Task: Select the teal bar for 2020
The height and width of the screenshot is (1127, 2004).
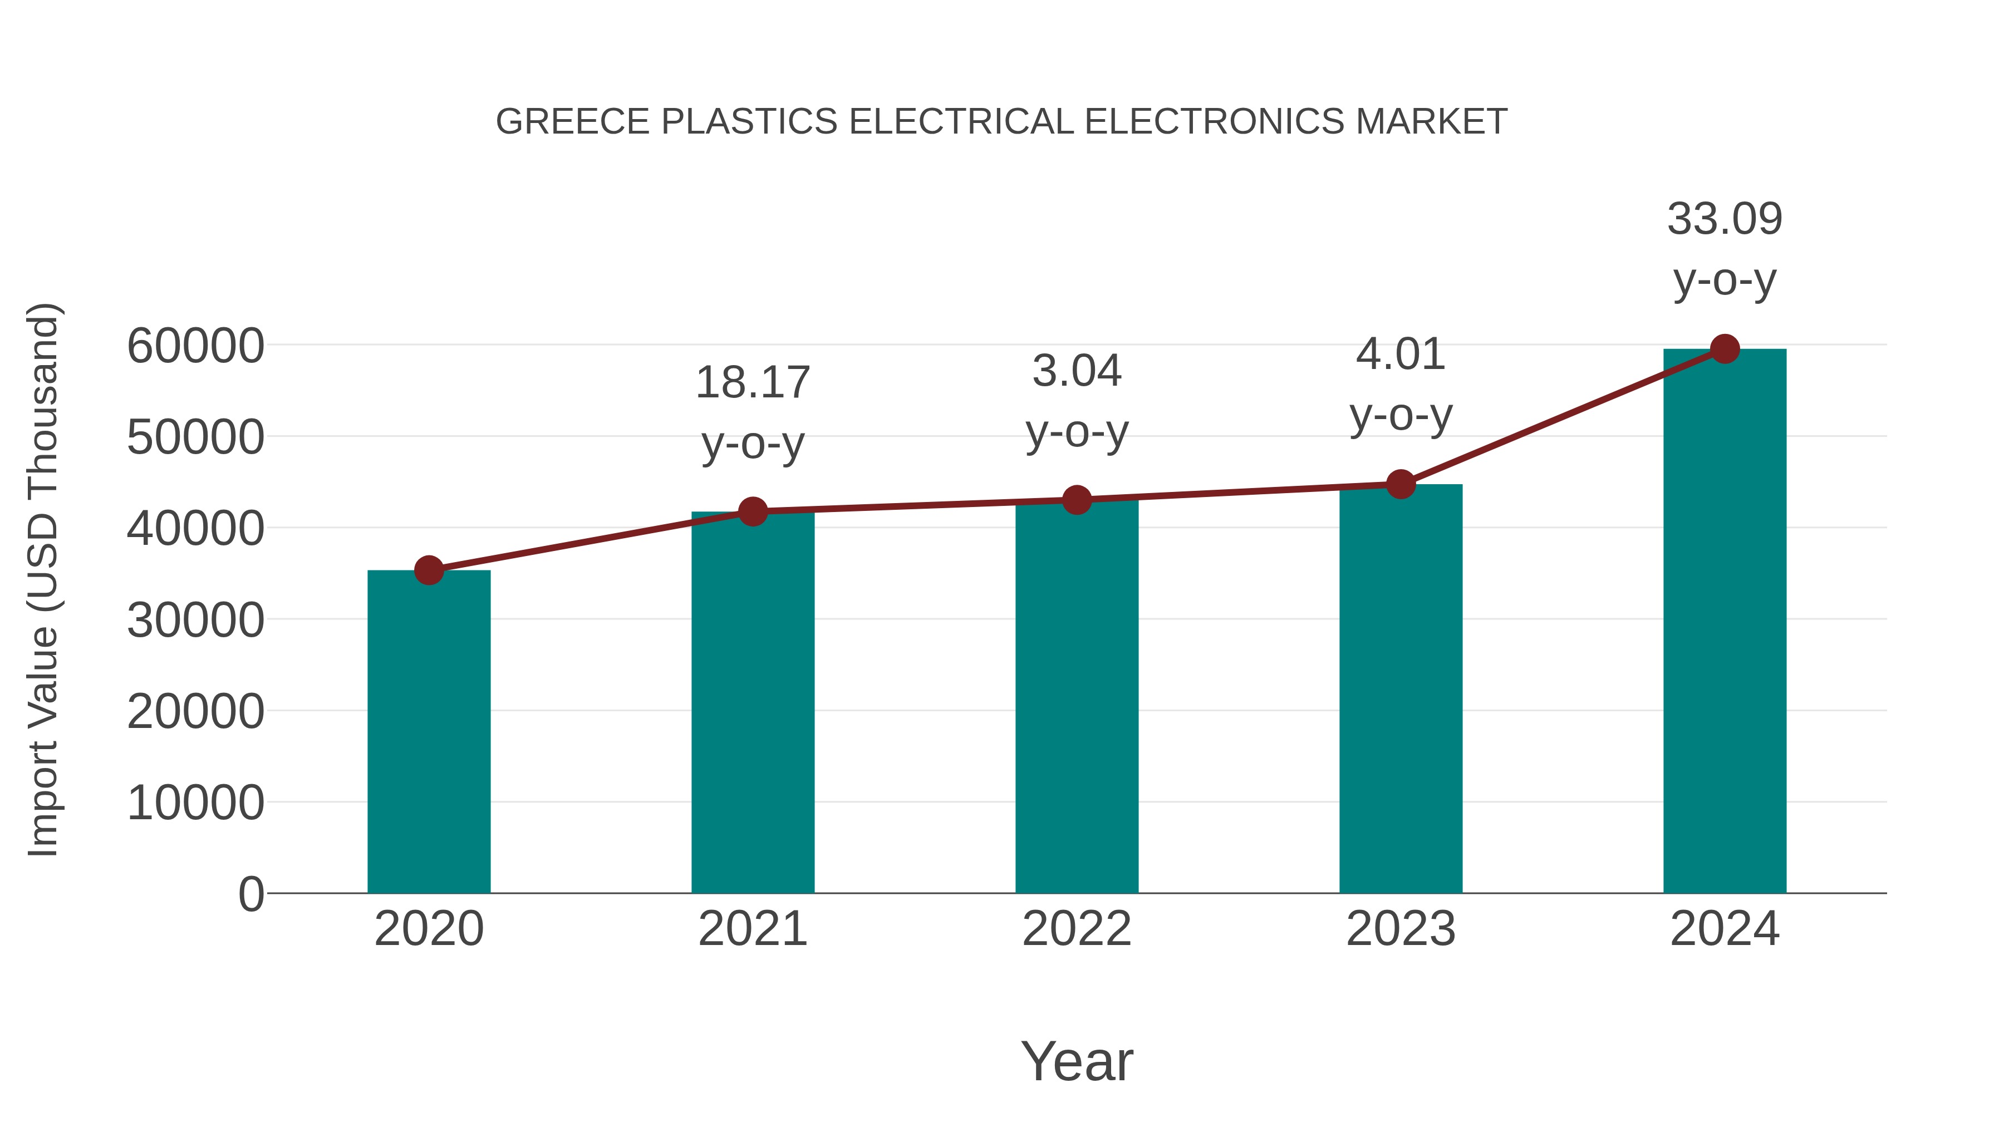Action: [429, 731]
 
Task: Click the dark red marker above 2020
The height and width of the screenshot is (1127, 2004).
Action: [429, 570]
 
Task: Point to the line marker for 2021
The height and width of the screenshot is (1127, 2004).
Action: [752, 511]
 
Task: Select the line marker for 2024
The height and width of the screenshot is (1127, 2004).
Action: [1725, 349]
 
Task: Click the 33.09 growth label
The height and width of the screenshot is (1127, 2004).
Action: [1725, 219]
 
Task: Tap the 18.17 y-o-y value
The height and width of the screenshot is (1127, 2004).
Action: [752, 383]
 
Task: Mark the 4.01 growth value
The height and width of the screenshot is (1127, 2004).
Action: [1401, 355]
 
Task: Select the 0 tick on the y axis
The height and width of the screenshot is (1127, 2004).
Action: [250, 894]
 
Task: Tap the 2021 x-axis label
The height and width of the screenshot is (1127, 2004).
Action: [752, 929]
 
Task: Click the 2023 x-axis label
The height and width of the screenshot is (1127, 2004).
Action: [1401, 929]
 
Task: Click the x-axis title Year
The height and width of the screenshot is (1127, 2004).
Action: [1077, 1061]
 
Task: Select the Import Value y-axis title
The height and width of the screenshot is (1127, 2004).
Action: [43, 579]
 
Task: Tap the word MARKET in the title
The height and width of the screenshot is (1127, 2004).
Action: [1431, 122]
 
